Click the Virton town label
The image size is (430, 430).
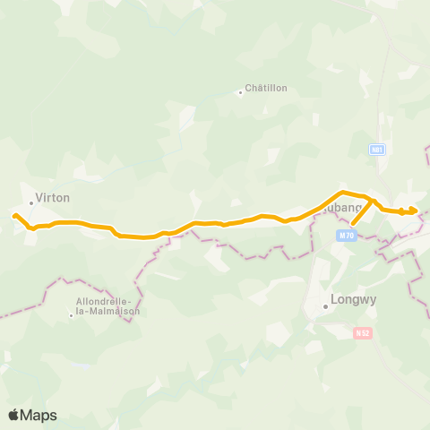[52, 197]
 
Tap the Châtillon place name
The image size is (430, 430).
[267, 88]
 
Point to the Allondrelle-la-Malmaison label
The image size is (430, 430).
[104, 305]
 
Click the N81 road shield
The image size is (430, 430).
[377, 150]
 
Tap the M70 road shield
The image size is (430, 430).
[347, 236]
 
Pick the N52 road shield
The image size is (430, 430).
[362, 332]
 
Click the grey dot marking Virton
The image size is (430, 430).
[31, 202]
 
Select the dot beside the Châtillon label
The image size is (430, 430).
[240, 91]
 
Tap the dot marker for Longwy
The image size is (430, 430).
[325, 307]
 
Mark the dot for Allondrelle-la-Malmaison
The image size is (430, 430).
[72, 314]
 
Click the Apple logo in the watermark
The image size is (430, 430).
[14, 415]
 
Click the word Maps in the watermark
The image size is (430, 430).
[39, 415]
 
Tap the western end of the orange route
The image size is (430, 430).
[13, 215]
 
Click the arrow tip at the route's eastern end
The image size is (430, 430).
[417, 211]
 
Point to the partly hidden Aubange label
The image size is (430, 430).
[343, 208]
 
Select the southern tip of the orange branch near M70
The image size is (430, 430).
[352, 224]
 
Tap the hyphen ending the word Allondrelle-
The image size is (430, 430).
[131, 300]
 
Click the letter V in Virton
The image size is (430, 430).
[39, 197]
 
